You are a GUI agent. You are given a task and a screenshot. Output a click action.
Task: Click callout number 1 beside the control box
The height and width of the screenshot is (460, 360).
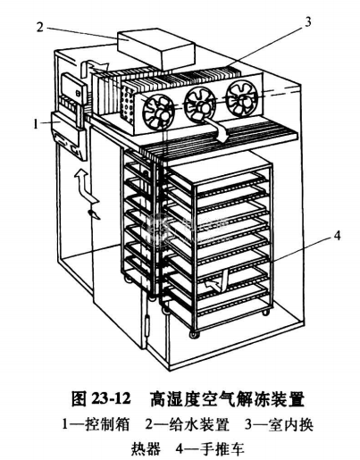[x=36, y=124]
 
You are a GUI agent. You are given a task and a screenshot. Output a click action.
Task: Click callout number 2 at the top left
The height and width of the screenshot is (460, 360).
[x=40, y=27]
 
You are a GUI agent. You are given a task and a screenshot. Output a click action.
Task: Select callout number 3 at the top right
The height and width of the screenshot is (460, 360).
[x=308, y=21]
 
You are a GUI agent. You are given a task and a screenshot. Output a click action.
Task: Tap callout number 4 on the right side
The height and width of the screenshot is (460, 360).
[x=337, y=236]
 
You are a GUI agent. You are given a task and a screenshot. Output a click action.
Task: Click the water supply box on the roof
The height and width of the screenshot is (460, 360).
[x=156, y=49]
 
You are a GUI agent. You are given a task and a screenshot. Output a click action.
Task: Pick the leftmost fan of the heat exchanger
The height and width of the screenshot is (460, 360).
[x=158, y=112]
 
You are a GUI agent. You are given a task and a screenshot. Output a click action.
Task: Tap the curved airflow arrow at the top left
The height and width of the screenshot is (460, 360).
[x=92, y=66]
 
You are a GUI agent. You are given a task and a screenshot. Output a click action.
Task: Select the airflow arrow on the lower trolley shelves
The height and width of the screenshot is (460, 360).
[x=216, y=281]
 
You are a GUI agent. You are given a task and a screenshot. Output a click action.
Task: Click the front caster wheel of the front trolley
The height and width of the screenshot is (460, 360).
[x=195, y=334]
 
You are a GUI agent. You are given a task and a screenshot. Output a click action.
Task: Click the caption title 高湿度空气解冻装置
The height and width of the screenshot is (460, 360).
[x=227, y=398]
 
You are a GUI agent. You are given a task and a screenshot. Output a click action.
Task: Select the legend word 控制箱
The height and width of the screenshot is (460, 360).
[x=107, y=424]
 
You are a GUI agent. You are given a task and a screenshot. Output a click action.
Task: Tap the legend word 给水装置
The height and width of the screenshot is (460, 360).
[x=199, y=424]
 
